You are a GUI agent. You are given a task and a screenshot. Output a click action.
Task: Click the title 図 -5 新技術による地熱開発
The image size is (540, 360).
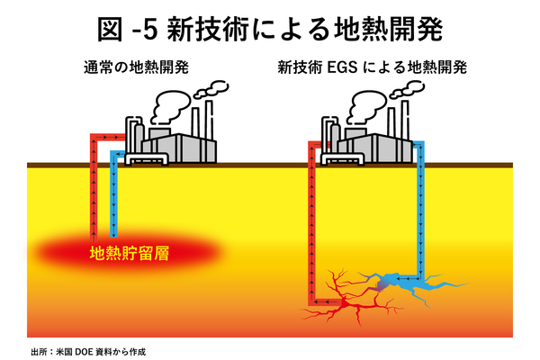point(269,30)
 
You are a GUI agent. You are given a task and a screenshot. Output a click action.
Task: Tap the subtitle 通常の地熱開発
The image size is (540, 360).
point(136,67)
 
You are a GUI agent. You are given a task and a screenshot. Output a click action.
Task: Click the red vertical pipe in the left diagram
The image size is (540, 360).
point(93,189)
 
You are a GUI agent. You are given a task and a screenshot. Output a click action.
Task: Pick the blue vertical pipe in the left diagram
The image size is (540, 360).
point(113,193)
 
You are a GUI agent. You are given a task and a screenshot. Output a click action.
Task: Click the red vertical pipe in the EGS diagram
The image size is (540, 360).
point(310,225)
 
